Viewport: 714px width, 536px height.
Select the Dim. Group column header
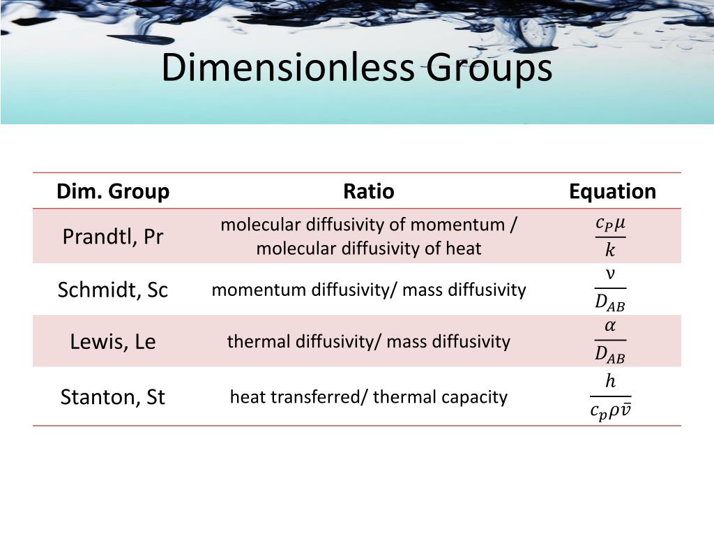113,191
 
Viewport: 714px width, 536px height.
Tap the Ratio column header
368,191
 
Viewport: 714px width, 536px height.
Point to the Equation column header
612,191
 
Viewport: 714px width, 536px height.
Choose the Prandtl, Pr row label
113,237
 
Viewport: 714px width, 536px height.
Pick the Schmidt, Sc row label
113,290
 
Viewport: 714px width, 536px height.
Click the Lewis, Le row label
113,342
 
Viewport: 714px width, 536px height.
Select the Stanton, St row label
113,397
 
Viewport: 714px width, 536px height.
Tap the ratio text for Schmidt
368,290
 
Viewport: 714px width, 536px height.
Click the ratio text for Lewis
368,342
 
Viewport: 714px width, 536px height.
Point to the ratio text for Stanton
368,397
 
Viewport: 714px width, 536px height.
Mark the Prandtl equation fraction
610,237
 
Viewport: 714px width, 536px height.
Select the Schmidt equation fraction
610,289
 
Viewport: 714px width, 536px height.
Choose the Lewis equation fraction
610,341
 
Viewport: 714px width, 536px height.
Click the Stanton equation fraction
610,397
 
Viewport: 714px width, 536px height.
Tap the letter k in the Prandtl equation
610,250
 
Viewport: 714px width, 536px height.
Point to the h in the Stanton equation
610,382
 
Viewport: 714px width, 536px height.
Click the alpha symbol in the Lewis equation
610,327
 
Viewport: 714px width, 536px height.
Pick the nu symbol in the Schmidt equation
610,274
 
